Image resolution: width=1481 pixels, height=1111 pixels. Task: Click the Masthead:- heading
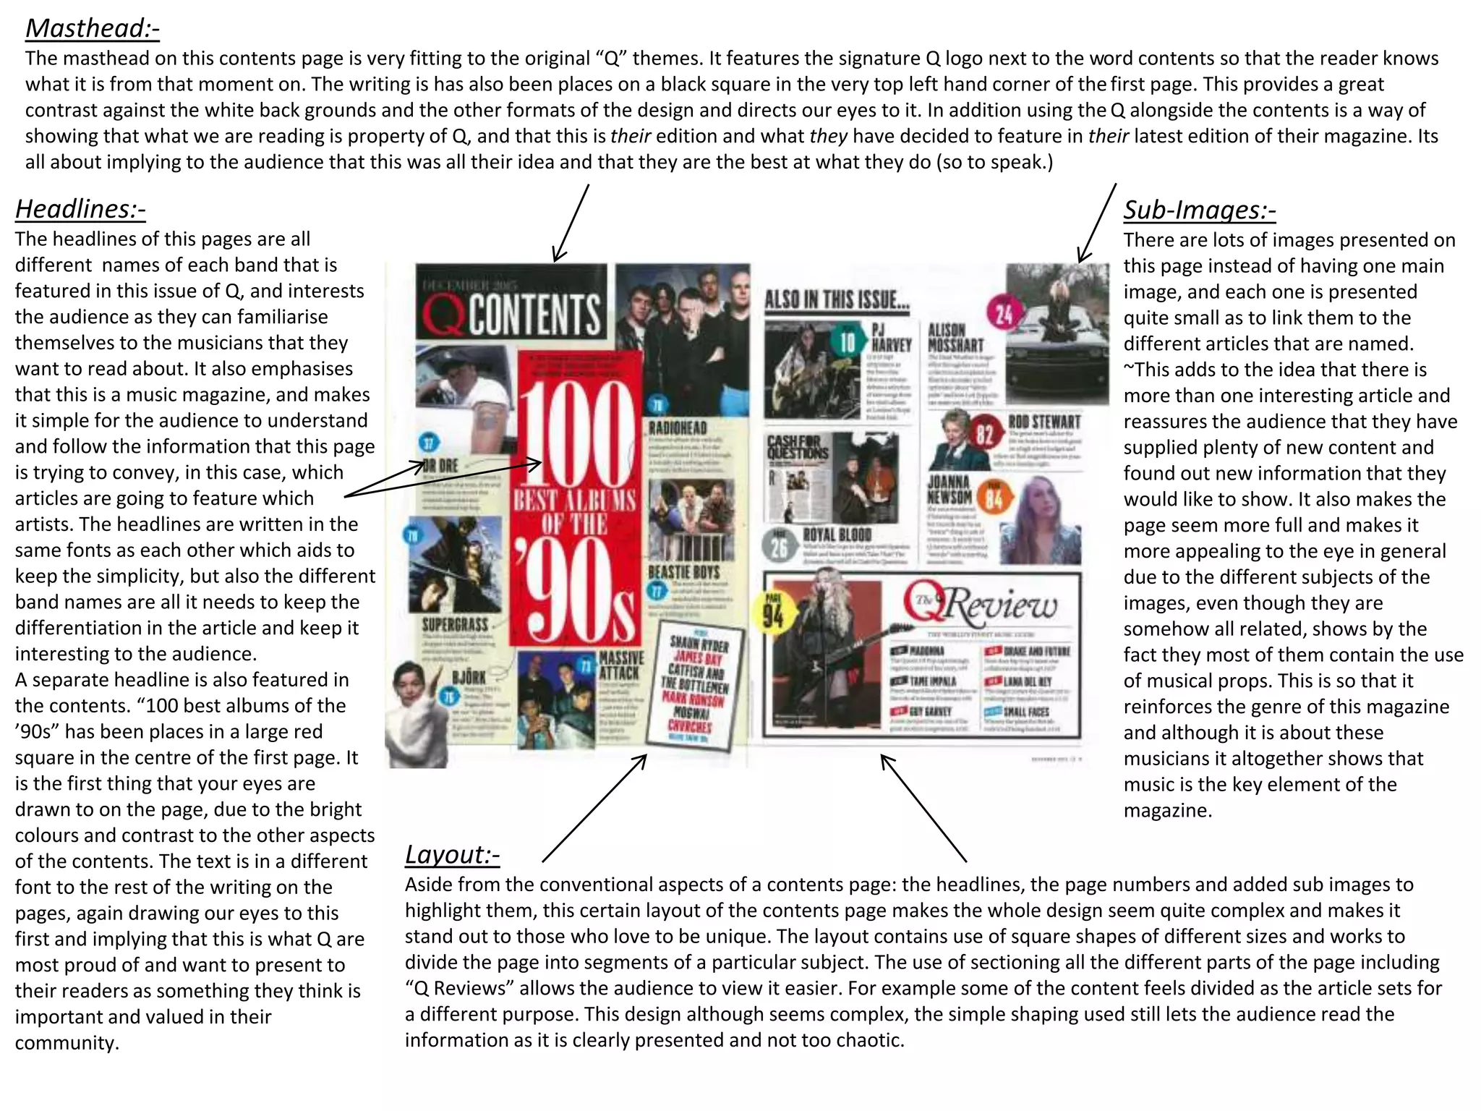(x=92, y=29)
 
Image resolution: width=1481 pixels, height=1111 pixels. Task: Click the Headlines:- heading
(x=80, y=209)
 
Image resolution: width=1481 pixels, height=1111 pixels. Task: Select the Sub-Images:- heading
(x=1199, y=210)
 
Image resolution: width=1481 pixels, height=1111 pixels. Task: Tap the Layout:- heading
(x=452, y=854)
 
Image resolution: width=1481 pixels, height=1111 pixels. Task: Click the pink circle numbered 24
(x=1004, y=315)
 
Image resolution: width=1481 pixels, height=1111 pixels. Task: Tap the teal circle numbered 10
(x=847, y=342)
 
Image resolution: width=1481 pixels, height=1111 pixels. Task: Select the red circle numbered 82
(x=984, y=435)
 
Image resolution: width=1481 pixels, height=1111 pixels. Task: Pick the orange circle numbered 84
(x=994, y=498)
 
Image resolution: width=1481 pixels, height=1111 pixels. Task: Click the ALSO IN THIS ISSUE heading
(x=837, y=299)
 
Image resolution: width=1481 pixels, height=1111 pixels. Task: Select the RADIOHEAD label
(x=678, y=428)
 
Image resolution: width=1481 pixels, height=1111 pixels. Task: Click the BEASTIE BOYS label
(x=683, y=572)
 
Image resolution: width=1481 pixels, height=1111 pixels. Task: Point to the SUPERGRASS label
(x=455, y=623)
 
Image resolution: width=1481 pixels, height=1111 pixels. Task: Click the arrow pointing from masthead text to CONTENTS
(x=571, y=223)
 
